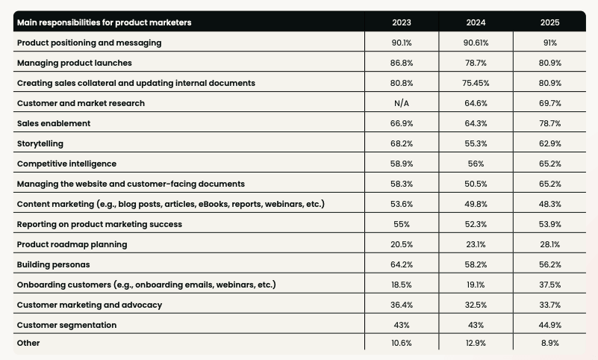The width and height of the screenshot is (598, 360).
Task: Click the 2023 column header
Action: tap(402, 22)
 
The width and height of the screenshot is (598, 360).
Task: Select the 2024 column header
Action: tap(476, 22)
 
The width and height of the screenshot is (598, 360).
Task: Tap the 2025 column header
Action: tap(549, 22)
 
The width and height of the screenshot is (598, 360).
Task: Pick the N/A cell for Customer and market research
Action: tap(402, 103)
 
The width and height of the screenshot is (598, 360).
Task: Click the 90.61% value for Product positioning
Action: tap(476, 43)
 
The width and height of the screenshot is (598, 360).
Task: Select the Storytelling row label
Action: tap(40, 143)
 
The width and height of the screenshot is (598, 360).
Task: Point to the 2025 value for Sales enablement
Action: tap(549, 123)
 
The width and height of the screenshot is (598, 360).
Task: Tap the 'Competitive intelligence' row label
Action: tap(66, 164)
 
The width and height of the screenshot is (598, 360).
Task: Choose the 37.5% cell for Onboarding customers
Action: tap(549, 285)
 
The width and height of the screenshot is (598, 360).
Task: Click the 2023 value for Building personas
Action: tap(402, 264)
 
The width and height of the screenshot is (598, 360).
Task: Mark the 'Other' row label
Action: tap(28, 343)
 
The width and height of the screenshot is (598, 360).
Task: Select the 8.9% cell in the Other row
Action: tap(549, 343)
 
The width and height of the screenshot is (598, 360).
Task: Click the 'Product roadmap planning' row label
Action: tap(72, 244)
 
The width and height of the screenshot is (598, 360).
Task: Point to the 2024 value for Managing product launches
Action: tap(476, 63)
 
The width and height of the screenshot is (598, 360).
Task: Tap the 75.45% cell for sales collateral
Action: tap(476, 83)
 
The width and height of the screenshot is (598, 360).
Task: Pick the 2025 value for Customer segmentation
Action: tap(549, 325)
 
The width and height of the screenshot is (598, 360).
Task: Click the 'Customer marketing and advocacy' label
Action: tap(90, 305)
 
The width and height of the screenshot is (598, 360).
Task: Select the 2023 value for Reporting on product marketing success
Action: tap(402, 224)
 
